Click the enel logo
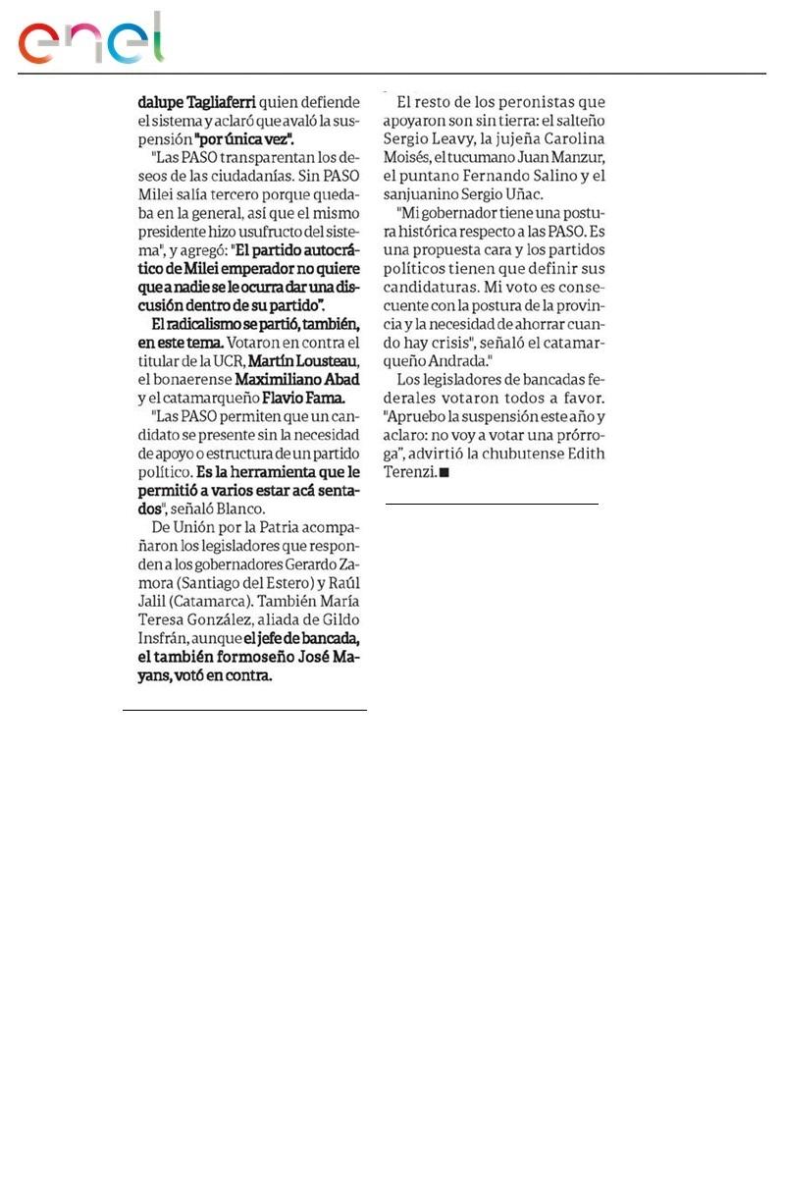pyautogui.click(x=91, y=39)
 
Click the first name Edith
pyautogui.click(x=584, y=454)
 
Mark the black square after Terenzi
pyautogui.click(x=444, y=473)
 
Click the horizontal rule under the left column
pyautogui.click(x=244, y=709)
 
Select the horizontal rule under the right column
pyautogui.click(x=492, y=504)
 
